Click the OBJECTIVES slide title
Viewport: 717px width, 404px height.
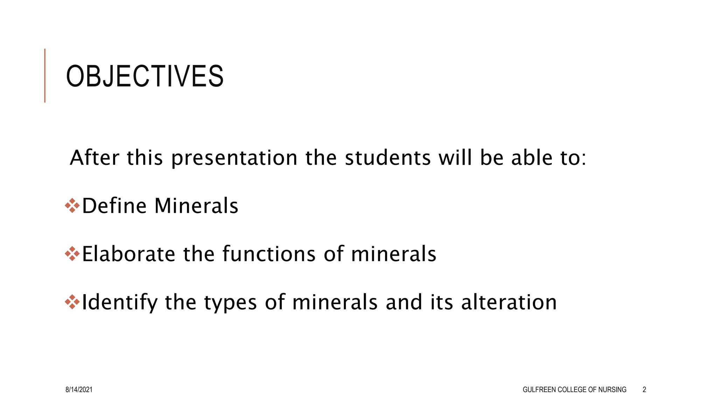click(145, 76)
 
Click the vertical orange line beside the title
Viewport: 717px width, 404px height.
click(45, 75)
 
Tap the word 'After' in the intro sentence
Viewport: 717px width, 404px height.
click(95, 157)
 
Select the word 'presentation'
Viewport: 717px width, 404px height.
click(234, 158)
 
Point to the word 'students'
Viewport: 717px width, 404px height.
click(388, 157)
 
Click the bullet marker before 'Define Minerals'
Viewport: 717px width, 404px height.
click(72, 206)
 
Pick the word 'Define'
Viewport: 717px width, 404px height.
click(114, 206)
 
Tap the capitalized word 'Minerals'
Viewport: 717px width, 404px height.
click(196, 206)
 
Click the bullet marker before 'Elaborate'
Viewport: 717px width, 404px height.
click(72, 254)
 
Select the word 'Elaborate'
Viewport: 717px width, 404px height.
click(128, 254)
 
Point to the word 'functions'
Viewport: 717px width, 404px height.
click(269, 254)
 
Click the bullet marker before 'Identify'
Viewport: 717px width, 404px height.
click(72, 302)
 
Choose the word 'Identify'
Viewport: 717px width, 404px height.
click(119, 302)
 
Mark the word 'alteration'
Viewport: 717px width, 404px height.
click(509, 302)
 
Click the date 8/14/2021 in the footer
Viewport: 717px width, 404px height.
click(79, 390)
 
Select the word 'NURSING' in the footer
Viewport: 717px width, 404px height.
click(612, 390)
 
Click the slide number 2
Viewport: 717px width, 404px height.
click(644, 390)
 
